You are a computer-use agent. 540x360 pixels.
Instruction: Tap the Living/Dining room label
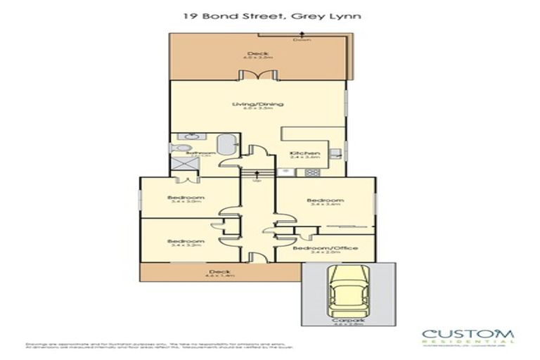(258, 104)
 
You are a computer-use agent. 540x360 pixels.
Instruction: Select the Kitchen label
(306, 153)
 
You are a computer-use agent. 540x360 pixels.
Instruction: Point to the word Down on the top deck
(303, 39)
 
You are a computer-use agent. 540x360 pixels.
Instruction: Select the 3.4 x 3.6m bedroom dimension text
(325, 205)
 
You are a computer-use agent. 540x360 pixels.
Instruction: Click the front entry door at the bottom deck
(257, 259)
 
